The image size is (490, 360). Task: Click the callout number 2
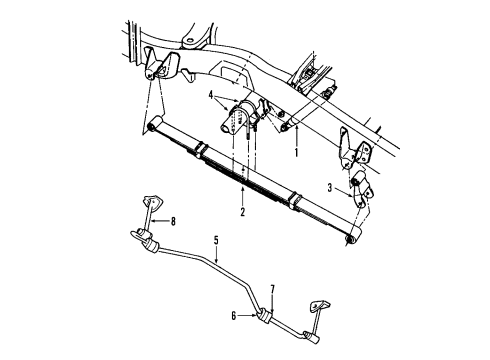click(x=242, y=213)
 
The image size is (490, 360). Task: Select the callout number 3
click(x=330, y=187)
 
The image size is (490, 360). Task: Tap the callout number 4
click(x=211, y=97)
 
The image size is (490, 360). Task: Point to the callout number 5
click(x=215, y=240)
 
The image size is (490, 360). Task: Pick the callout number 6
click(x=233, y=316)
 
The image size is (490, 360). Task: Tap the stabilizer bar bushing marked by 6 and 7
click(x=265, y=317)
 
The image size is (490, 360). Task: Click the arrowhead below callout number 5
click(x=215, y=263)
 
